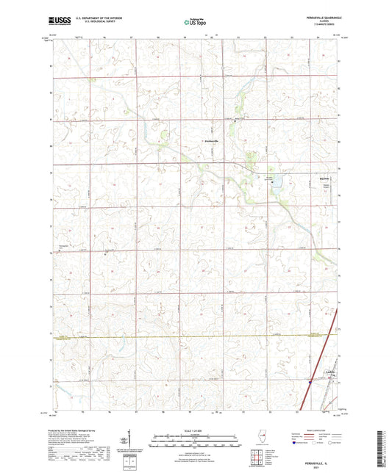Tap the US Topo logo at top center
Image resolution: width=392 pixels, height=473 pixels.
click(x=196, y=23)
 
